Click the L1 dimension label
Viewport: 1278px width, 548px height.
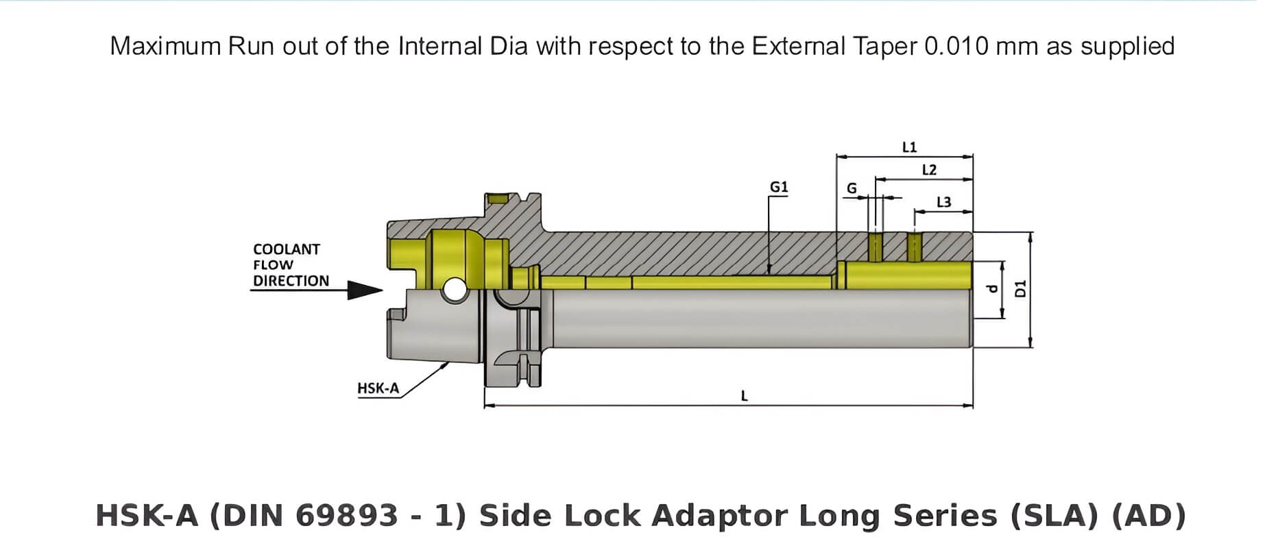pos(909,147)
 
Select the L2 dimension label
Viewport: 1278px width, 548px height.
pos(929,170)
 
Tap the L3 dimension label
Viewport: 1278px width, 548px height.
pos(943,202)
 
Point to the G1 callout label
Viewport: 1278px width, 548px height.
pos(779,187)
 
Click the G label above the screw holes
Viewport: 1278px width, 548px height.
pos(852,188)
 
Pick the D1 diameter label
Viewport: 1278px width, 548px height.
pos(1020,288)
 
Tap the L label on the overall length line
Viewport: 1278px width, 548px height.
pos(745,396)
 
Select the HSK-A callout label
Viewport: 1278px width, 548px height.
pos(378,388)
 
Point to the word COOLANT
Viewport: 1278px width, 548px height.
pos(286,249)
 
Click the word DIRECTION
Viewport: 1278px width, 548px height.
pos(291,281)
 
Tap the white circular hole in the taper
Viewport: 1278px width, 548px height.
pos(453,290)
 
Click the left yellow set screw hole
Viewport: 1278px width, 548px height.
pos(876,247)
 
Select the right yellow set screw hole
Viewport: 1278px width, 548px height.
pos(915,247)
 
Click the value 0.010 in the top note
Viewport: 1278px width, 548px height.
pos(956,47)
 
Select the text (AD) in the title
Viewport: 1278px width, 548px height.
pos(1148,516)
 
